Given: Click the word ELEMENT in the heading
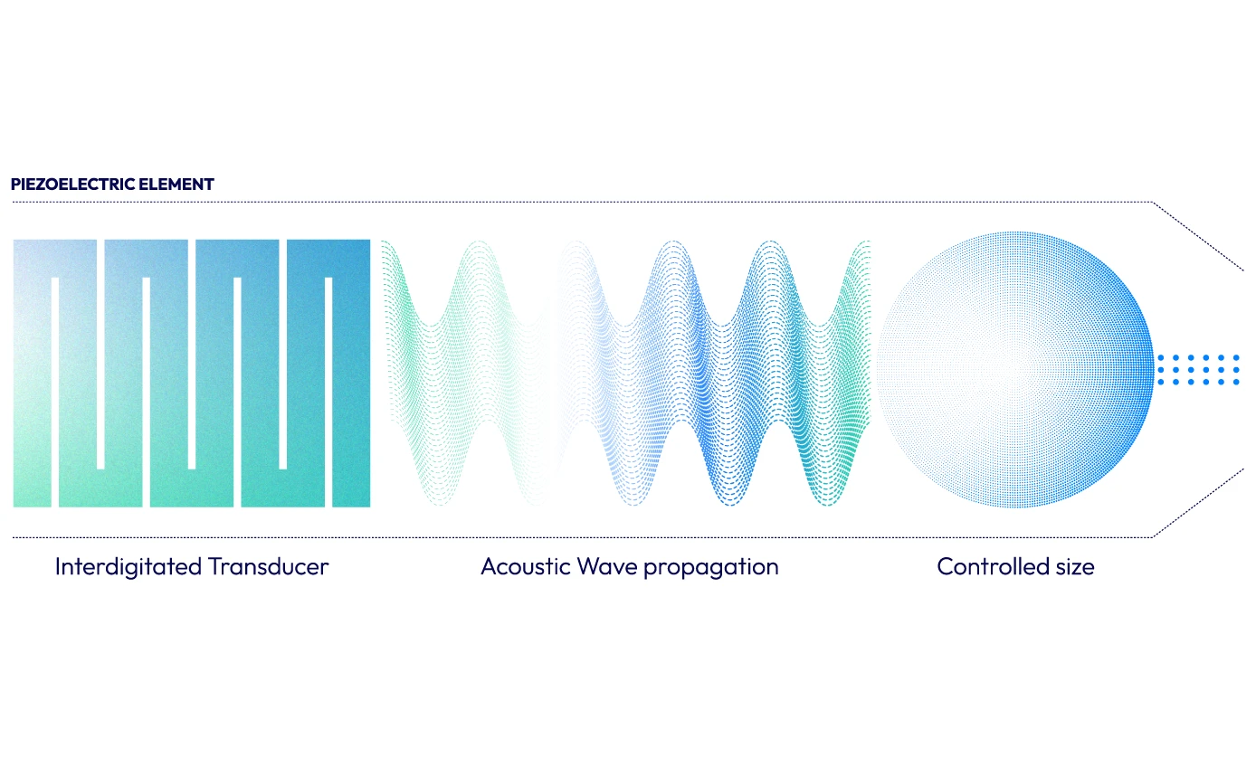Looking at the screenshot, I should (181, 185).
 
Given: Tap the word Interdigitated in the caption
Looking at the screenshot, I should (128, 567).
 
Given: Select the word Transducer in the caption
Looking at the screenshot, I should (268, 567).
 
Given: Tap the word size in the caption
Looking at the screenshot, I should (1072, 567).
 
